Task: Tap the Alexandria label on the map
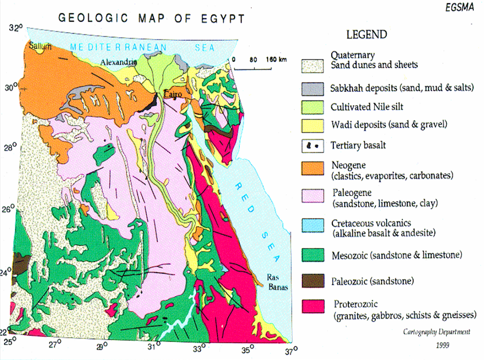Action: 119,62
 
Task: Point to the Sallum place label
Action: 40,47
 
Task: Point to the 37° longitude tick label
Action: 291,352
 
